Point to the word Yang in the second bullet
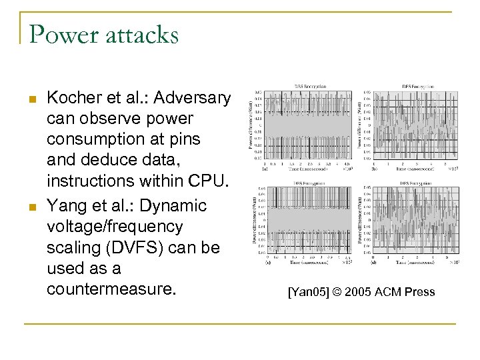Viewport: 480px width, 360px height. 67,205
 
